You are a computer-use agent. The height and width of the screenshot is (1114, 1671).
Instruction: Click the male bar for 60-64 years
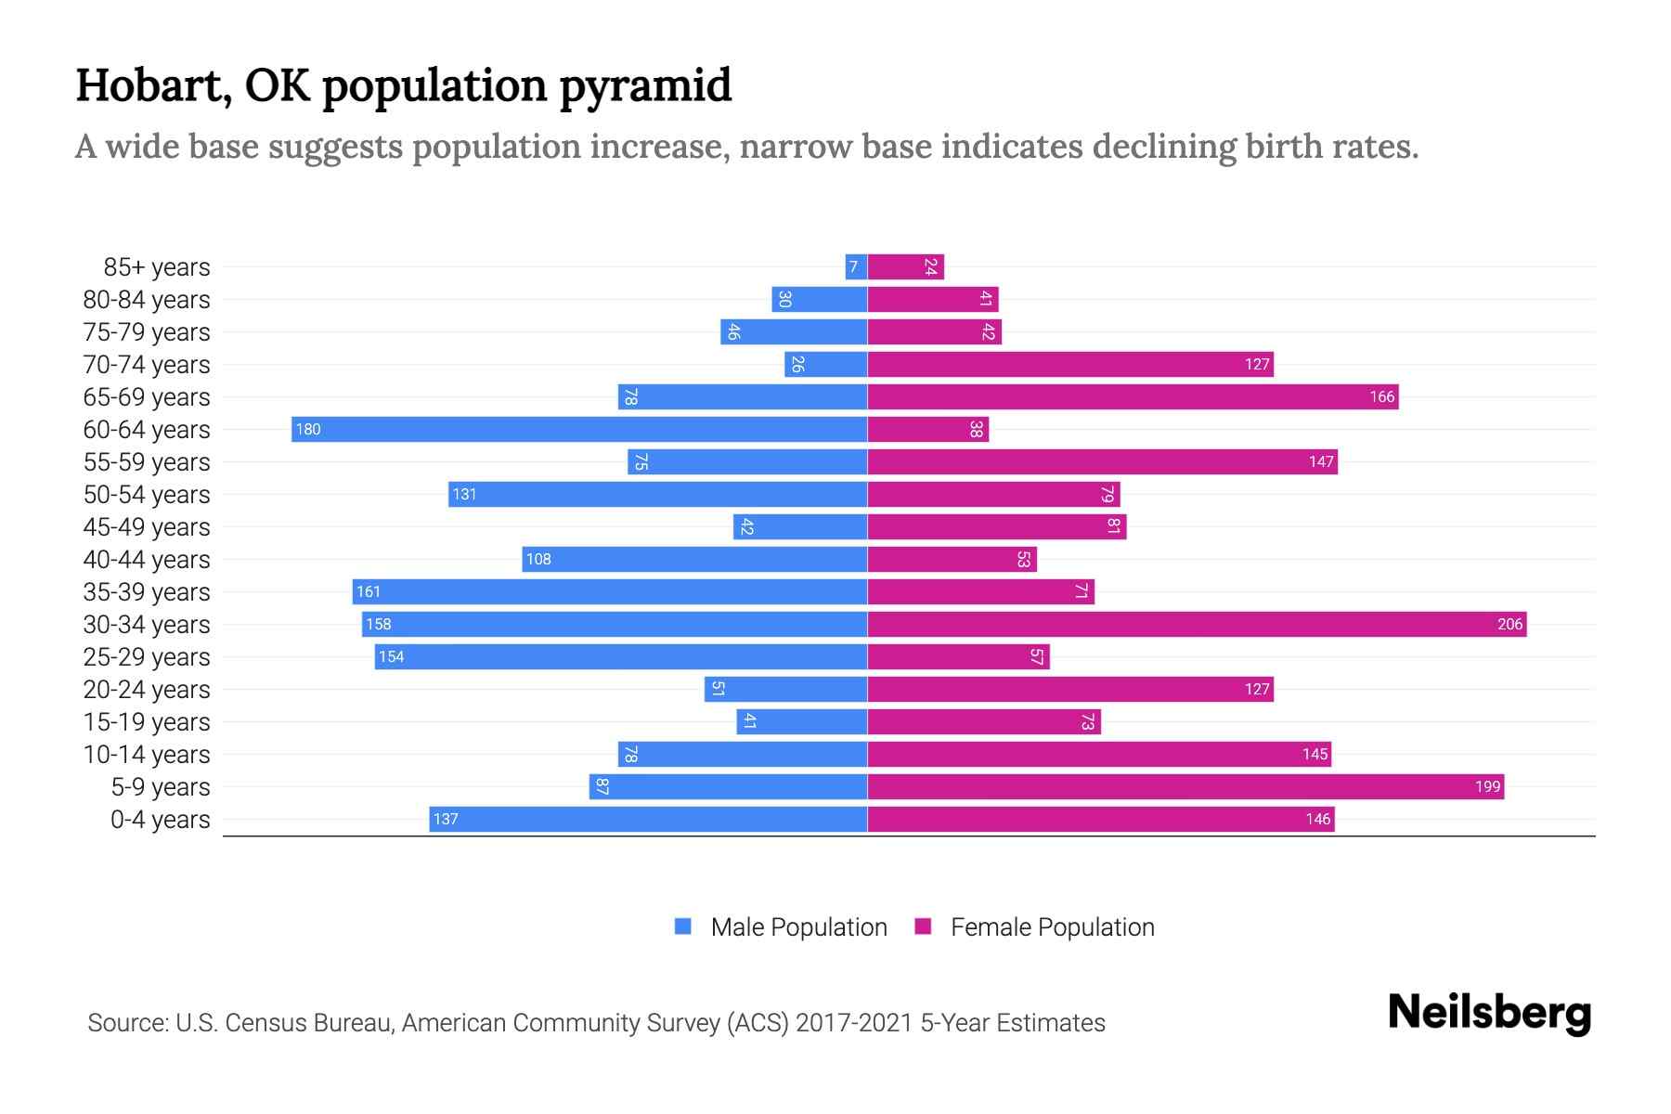[x=579, y=429]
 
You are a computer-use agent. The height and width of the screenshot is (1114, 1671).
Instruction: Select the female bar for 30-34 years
[x=1197, y=624]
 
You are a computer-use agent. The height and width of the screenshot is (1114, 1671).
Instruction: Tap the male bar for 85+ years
[x=856, y=267]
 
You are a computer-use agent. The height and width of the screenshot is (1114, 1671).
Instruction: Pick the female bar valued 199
[x=1185, y=786]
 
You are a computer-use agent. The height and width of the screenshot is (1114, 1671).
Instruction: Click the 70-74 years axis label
[x=147, y=365]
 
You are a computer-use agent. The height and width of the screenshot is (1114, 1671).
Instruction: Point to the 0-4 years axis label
[x=160, y=820]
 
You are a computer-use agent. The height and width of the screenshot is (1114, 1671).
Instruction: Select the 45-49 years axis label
[x=147, y=527]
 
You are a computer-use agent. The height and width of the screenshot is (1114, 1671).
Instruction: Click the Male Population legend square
[x=683, y=926]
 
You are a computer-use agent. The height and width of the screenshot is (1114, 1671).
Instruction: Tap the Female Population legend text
[x=1052, y=926]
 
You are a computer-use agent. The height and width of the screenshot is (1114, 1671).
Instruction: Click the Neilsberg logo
[x=1489, y=1013]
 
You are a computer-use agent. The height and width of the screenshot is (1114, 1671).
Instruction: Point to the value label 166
[x=1381, y=397]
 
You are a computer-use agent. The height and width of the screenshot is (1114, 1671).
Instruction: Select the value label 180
[x=308, y=430]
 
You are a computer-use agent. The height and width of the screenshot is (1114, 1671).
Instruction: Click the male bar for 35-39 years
[x=610, y=591]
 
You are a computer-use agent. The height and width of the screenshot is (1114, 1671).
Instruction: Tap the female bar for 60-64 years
[x=928, y=429]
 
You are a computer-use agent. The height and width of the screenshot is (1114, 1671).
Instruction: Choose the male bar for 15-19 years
[x=802, y=721]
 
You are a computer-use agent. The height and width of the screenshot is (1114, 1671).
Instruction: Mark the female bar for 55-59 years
[x=1102, y=461]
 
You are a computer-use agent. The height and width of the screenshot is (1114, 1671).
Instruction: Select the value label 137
[x=446, y=820]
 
